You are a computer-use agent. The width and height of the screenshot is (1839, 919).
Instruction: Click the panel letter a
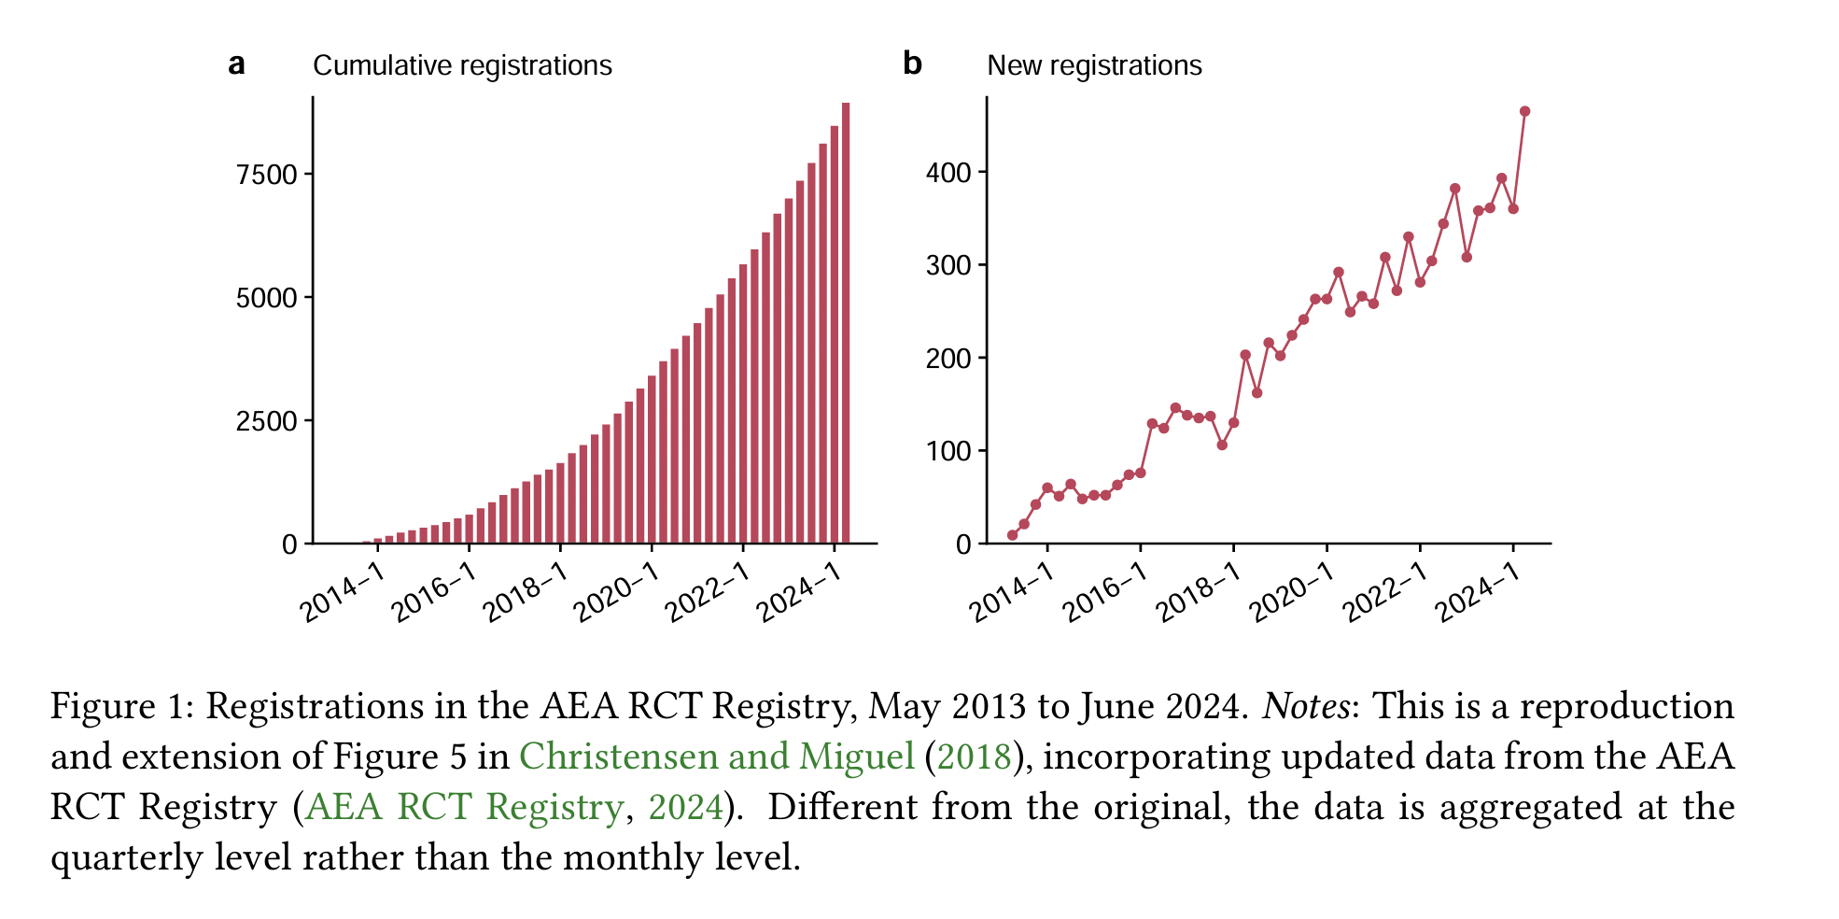tap(237, 64)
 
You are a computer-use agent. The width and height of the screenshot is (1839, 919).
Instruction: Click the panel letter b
tap(912, 64)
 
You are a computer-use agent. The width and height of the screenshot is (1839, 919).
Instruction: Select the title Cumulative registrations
tap(462, 65)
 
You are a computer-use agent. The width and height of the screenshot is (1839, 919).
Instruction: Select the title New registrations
tap(1094, 65)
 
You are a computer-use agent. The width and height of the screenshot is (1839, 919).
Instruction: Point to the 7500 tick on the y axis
tap(266, 175)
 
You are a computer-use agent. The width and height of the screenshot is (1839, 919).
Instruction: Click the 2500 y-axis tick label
tap(266, 421)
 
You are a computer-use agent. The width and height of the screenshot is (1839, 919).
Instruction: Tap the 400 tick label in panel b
tap(948, 173)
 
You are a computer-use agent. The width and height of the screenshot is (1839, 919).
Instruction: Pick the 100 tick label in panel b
tap(948, 451)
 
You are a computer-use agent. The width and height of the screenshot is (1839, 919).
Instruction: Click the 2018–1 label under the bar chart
tap(525, 593)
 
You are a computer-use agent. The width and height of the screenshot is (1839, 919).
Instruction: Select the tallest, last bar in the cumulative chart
tap(846, 322)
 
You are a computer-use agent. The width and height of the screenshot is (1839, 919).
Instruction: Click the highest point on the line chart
tap(1524, 111)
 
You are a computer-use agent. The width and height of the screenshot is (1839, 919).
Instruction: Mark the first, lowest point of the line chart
tap(1012, 535)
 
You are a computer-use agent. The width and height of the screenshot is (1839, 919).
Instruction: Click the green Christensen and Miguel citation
tap(716, 756)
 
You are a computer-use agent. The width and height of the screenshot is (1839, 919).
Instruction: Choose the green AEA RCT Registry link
tap(464, 807)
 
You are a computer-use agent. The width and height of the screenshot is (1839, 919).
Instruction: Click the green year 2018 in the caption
tap(974, 756)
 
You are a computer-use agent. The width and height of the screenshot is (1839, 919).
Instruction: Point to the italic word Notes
tap(1305, 706)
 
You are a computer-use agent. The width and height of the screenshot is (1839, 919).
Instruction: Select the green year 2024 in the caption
tap(685, 807)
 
